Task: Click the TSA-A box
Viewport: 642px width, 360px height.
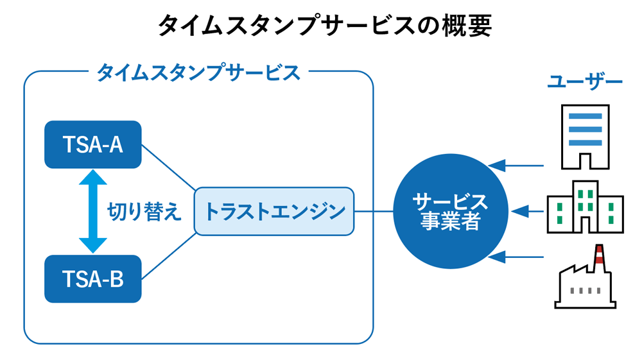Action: point(92,144)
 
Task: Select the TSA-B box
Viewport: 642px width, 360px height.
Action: point(92,279)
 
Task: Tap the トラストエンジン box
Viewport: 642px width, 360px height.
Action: point(274,211)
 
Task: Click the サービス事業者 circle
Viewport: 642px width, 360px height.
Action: point(449,211)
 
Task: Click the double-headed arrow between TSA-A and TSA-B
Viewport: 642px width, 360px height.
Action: point(93,211)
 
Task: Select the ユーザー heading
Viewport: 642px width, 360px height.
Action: point(585,82)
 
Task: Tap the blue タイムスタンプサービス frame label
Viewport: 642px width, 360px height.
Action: point(198,73)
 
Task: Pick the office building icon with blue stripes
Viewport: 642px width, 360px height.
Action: point(585,136)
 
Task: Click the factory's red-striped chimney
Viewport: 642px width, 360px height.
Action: point(600,255)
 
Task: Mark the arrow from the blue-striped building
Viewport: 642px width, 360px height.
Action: point(517,166)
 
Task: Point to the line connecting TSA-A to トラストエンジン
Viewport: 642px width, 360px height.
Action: point(168,167)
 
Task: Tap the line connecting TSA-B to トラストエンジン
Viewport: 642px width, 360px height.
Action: point(168,256)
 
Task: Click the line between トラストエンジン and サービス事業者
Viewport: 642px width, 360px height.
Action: point(374,211)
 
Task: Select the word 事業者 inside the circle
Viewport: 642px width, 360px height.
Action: point(449,221)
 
